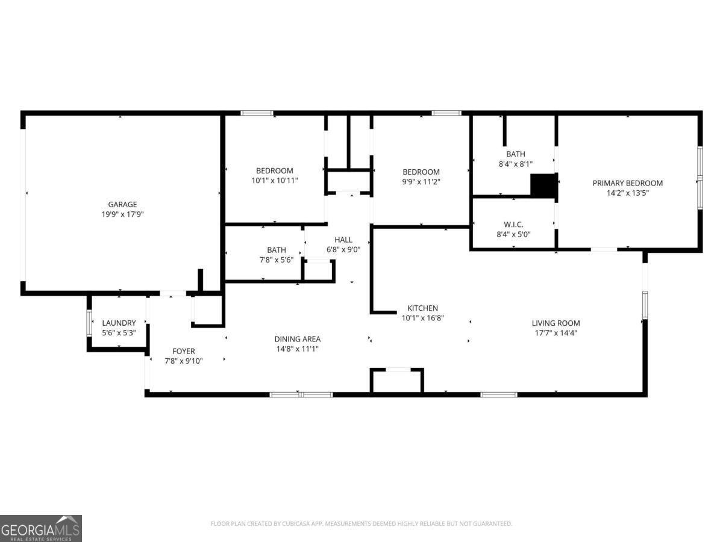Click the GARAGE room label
122,204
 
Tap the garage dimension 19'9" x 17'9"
122,214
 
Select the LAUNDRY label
119,323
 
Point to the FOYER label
184,351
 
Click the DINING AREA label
298,338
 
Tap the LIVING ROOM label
556,323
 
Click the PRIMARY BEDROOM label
627,183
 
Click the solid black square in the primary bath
543,185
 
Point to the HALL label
343,240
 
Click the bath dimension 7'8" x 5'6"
277,260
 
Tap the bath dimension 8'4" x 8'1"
515,164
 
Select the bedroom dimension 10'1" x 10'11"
275,180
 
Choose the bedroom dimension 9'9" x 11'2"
421,181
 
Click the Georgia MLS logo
41,528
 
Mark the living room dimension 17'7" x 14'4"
556,332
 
